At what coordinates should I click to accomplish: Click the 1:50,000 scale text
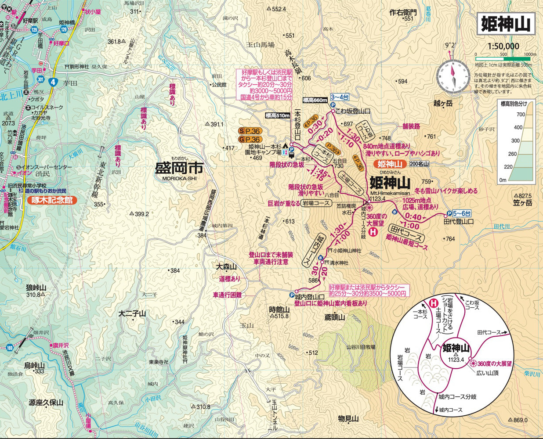coord(503,46)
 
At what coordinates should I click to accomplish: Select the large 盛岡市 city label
coord(179,169)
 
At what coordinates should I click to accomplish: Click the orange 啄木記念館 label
coord(52,200)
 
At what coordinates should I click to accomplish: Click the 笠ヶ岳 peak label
coord(522,203)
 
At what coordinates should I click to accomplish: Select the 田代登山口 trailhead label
coord(458,222)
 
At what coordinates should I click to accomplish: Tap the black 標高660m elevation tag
coord(315,100)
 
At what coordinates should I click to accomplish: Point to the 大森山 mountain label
coord(227,266)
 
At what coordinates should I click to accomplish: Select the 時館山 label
coord(279,309)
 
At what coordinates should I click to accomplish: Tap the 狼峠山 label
coord(36,288)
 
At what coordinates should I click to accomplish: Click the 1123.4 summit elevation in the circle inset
coord(456,359)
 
